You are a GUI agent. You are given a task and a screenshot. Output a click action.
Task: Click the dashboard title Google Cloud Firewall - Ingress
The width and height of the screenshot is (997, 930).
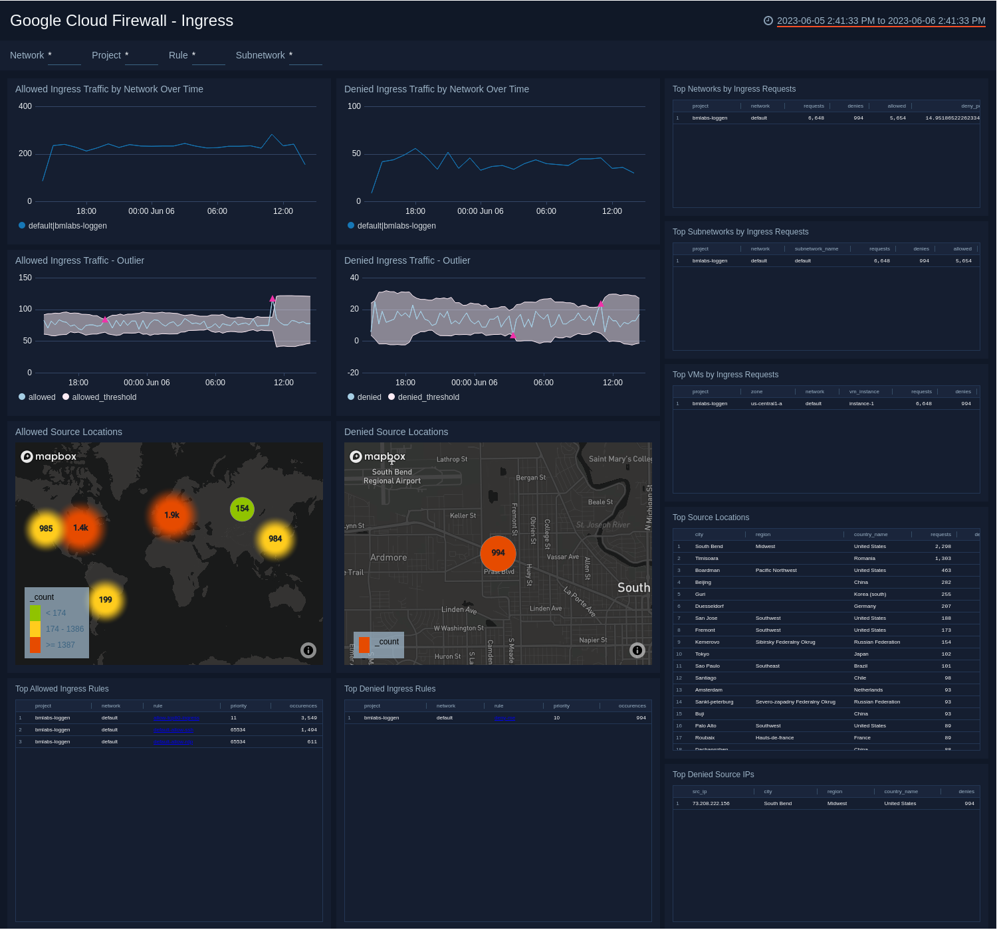pos(122,21)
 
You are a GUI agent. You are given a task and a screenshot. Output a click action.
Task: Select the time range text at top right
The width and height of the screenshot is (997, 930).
pos(881,21)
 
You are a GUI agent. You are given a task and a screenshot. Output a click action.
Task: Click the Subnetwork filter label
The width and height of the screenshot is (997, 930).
pos(260,55)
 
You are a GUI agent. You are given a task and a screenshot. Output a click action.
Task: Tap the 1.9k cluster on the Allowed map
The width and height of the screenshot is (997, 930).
pos(172,515)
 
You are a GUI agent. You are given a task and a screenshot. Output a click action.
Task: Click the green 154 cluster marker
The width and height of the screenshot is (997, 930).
pos(242,509)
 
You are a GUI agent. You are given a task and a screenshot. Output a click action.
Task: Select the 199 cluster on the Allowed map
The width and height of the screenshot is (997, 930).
pos(106,600)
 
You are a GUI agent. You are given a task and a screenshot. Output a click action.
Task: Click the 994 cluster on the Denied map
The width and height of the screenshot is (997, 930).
pos(498,553)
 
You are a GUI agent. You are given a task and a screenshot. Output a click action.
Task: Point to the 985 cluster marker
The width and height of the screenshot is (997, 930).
pos(46,529)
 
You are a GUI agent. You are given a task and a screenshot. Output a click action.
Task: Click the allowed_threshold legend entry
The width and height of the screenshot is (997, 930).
pos(104,397)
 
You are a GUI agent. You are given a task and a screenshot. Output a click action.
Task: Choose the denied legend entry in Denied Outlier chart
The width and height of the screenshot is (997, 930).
pos(369,397)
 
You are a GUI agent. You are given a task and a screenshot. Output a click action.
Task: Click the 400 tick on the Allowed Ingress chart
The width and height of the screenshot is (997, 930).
pos(25,106)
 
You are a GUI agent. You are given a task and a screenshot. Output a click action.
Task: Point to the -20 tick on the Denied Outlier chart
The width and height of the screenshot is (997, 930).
pos(353,373)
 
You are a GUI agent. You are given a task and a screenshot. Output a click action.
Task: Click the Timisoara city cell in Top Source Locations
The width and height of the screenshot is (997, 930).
pos(707,559)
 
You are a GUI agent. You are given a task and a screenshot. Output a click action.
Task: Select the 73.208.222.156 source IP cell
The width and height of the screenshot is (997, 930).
pos(711,804)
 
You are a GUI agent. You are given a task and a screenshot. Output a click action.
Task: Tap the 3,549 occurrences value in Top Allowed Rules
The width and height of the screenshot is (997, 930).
pos(308,718)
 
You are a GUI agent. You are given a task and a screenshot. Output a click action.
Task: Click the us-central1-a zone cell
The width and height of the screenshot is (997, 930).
pos(766,404)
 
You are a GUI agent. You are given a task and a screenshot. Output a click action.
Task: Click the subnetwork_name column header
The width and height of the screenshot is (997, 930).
pos(816,249)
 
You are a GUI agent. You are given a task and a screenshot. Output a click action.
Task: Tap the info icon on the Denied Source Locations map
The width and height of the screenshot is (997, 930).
pos(637,650)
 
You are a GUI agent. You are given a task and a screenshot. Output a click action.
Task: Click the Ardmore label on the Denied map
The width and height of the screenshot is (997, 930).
pos(389,558)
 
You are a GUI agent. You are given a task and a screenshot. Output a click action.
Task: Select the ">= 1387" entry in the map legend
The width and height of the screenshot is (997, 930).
pos(60,645)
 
